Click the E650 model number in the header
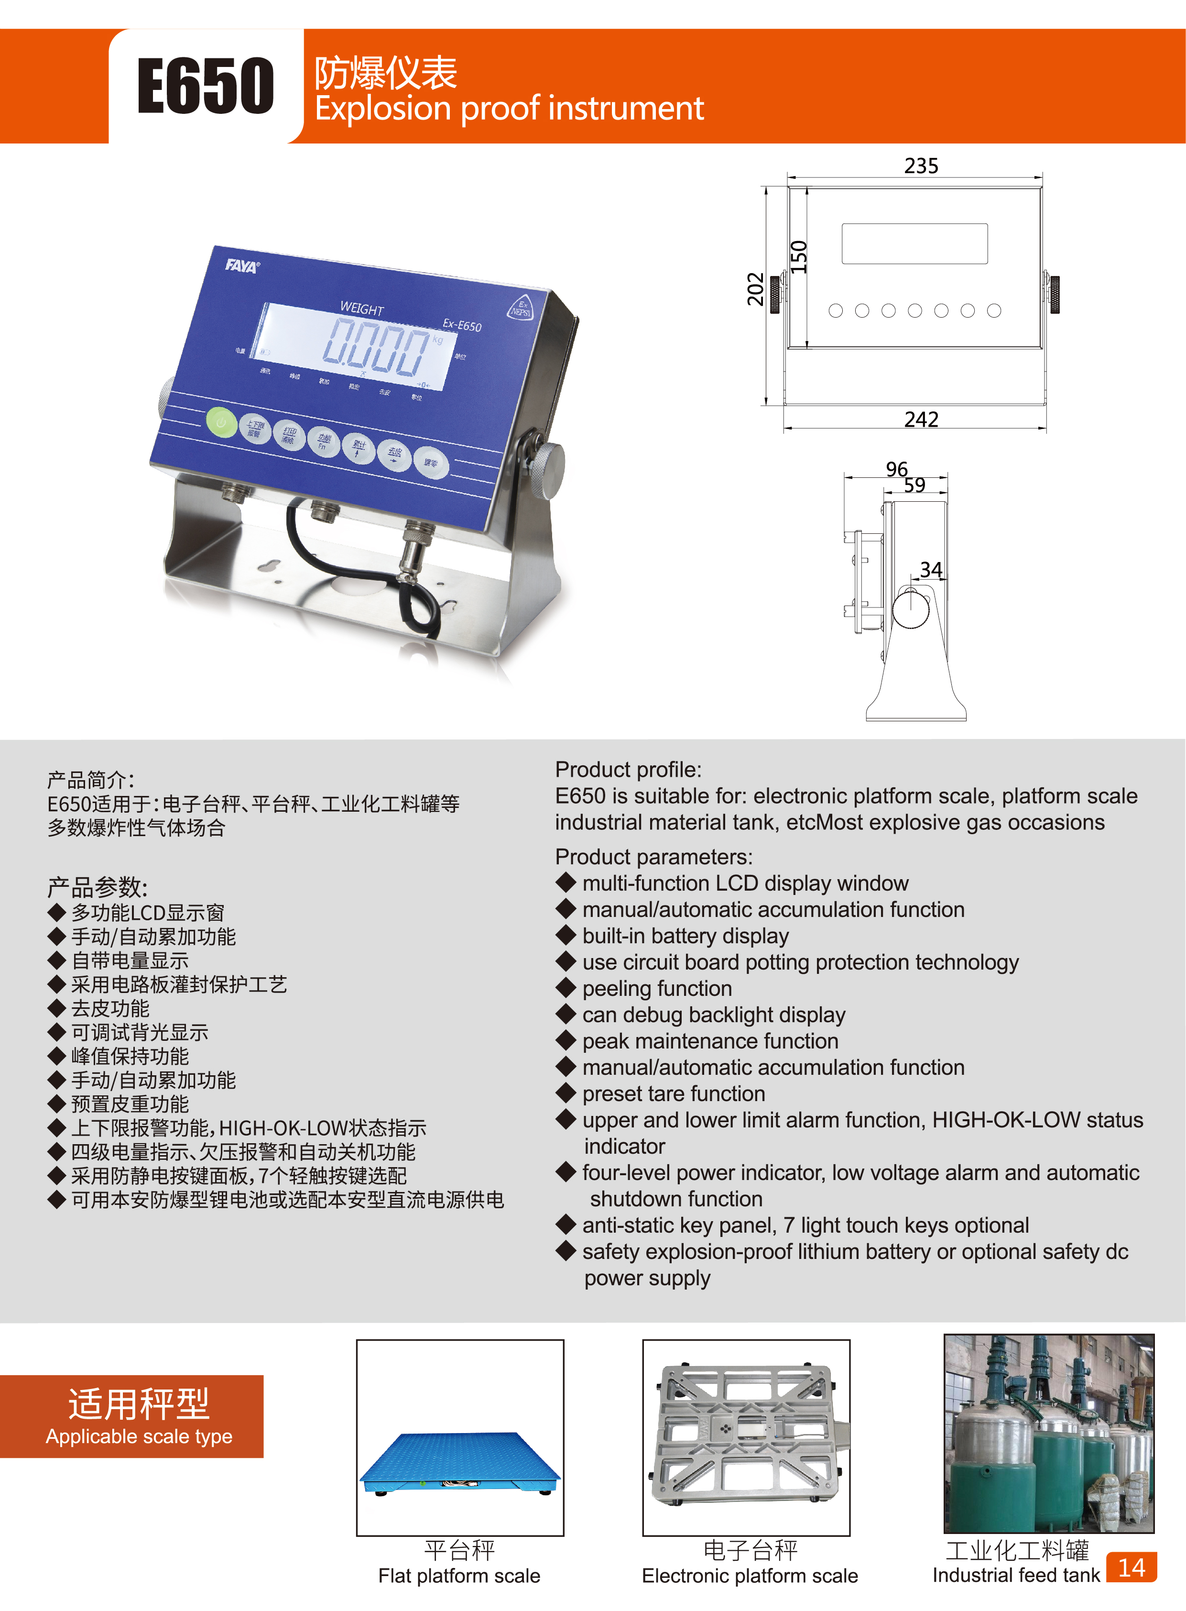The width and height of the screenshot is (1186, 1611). coord(206,86)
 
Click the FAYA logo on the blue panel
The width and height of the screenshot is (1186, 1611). coord(242,266)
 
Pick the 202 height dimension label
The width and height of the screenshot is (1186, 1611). coord(756,289)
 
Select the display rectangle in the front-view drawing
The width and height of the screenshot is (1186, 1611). coord(914,243)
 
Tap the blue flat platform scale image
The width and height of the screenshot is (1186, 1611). coord(459,1462)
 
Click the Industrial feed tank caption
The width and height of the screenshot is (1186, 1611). coord(1015,1575)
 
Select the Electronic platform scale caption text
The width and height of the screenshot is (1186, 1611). coord(750,1575)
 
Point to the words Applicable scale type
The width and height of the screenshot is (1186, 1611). coord(139,1436)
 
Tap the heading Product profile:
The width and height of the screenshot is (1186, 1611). coord(628,769)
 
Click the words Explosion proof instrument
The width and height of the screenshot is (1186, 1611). coord(509,109)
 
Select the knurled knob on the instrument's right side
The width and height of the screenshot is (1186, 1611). coord(549,471)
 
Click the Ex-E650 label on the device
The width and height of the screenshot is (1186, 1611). coord(462,325)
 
